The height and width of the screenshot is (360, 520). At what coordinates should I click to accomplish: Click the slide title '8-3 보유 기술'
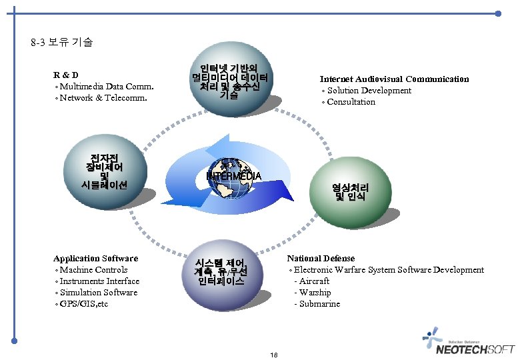62,43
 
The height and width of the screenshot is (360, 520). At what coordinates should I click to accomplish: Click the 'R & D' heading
70,75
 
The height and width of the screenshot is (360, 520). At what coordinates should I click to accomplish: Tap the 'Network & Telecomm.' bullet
103,98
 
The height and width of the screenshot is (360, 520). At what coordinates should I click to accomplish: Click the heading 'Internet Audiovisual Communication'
394,79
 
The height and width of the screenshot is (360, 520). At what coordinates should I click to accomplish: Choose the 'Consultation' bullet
351,102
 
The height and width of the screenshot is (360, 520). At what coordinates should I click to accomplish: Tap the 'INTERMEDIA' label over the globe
234,176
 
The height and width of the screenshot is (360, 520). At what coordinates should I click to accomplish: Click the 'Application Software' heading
95,258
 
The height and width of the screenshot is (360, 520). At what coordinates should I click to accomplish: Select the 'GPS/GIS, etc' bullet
83,304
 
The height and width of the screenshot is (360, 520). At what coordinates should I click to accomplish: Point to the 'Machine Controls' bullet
93,270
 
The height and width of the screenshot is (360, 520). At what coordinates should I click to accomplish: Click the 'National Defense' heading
321,258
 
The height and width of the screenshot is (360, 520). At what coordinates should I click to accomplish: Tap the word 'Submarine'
320,304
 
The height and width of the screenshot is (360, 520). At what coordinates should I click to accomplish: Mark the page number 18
274,355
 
